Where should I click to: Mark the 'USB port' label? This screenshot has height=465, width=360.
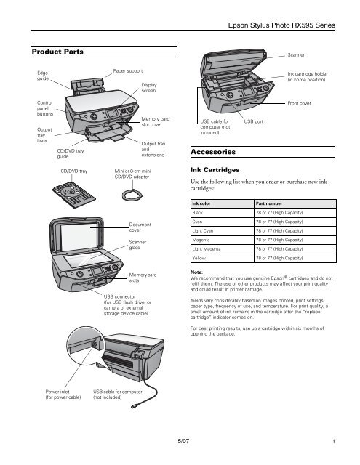pos(254,121)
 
